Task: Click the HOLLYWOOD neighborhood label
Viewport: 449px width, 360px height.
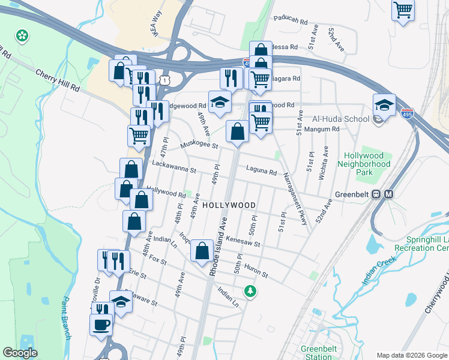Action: (229, 205)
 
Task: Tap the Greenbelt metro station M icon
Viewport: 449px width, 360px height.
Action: (388, 194)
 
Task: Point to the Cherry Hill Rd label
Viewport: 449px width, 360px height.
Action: (58, 80)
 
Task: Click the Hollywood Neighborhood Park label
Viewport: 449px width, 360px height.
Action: (364, 164)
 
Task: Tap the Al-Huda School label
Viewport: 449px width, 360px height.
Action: (340, 119)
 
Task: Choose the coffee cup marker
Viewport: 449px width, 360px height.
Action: (101, 325)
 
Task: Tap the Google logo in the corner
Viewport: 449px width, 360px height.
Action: (20, 353)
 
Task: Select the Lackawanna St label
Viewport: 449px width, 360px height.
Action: (174, 166)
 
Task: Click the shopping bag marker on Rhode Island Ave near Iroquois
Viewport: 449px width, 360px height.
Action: (202, 250)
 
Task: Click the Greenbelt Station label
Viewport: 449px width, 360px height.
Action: (316, 353)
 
